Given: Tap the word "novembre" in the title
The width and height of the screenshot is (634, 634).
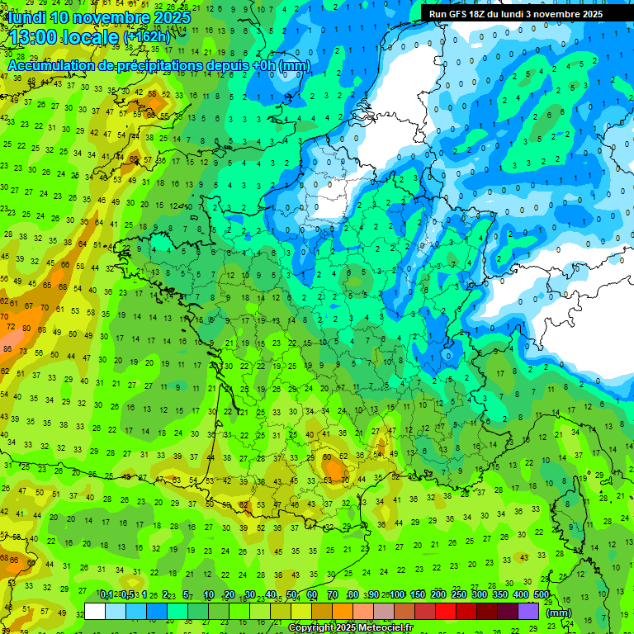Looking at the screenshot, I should point(105,17).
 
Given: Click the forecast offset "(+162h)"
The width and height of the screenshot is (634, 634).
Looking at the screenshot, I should point(146,37).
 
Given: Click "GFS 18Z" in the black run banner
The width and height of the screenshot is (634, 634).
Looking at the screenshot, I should point(469,14).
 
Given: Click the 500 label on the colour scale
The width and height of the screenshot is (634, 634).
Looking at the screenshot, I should point(542,595).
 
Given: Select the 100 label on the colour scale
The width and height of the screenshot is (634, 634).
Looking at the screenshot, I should point(397,595).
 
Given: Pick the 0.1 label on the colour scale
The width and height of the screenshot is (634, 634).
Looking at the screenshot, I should point(106,595).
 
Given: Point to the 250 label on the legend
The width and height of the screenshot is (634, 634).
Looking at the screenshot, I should point(459,595).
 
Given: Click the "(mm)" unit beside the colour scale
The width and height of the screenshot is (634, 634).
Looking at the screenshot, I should point(559,613).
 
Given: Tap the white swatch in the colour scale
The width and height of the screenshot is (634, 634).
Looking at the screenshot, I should point(95,612).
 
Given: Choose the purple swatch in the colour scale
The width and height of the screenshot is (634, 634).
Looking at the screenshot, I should point(528,612).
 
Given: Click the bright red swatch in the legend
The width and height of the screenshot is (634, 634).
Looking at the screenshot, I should point(446,612).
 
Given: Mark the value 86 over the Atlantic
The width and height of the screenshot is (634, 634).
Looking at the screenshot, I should point(7,349).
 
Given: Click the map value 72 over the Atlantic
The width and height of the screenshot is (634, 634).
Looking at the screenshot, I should point(11,327).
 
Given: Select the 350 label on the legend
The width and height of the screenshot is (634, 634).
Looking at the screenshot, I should point(500,595).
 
